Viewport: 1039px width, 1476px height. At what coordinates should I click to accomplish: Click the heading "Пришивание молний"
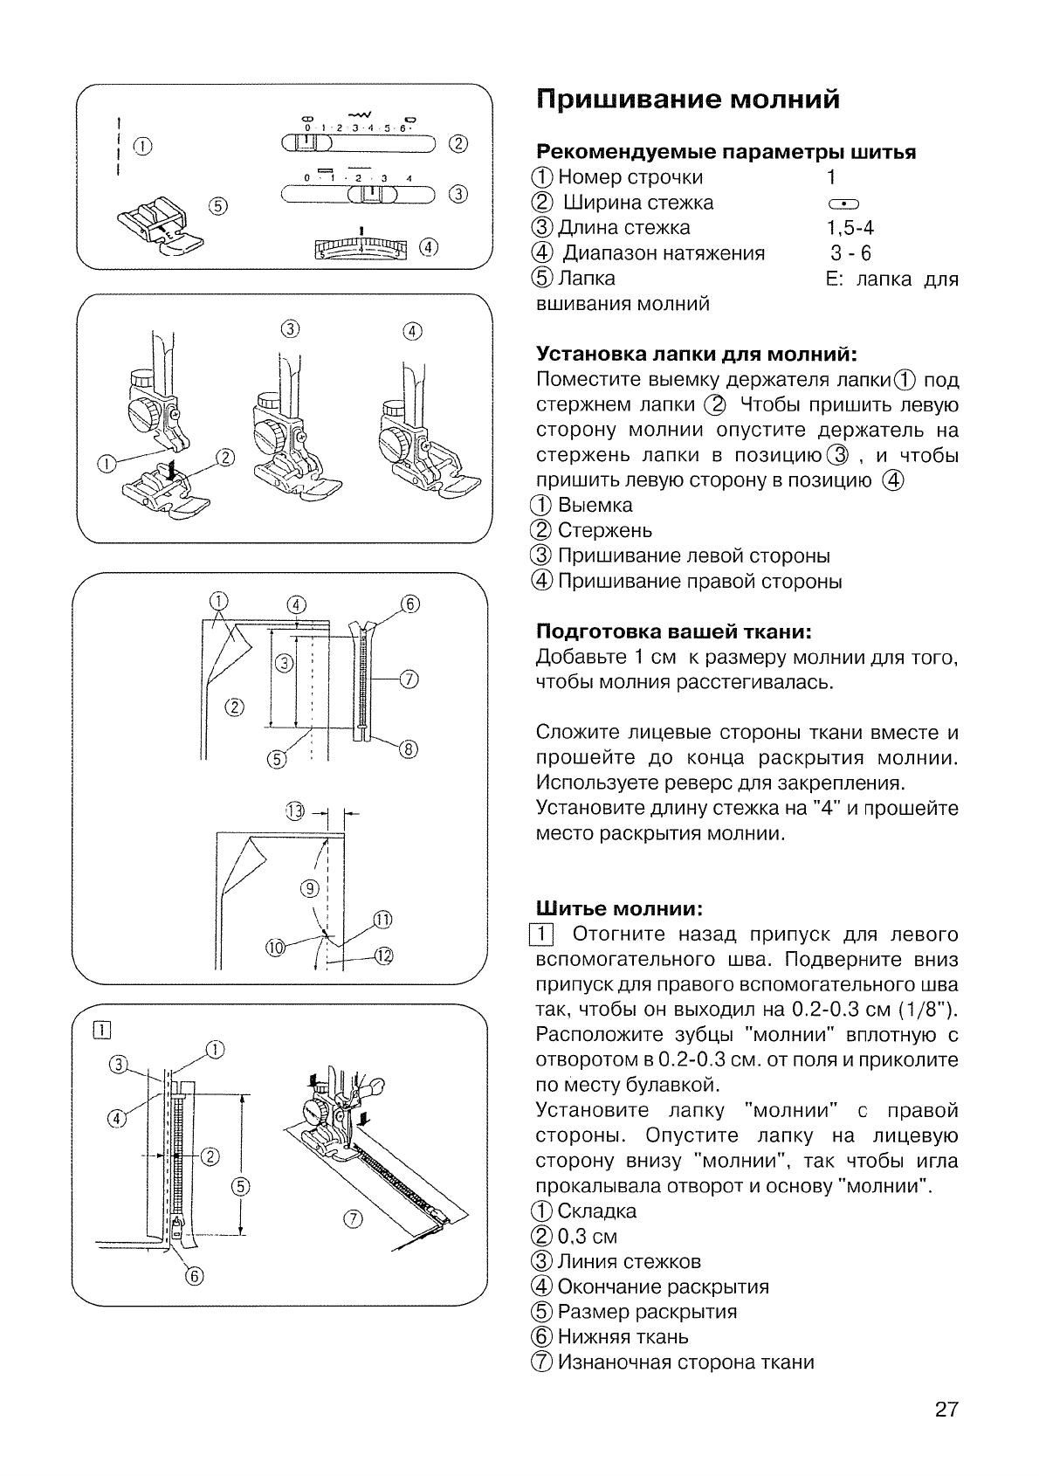(x=687, y=100)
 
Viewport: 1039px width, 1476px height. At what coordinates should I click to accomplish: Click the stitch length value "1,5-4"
(x=850, y=228)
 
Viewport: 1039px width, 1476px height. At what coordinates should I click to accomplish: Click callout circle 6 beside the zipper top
(x=410, y=604)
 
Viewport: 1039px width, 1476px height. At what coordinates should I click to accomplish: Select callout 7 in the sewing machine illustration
(x=354, y=1220)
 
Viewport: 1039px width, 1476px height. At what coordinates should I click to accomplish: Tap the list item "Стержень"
(x=604, y=530)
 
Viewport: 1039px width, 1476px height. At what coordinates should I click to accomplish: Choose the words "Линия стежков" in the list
(x=629, y=1261)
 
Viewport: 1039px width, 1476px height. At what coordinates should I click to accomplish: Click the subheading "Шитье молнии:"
(x=619, y=909)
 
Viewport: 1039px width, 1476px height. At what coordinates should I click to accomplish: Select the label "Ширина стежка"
(x=637, y=203)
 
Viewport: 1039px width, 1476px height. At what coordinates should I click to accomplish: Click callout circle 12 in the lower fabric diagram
(x=383, y=955)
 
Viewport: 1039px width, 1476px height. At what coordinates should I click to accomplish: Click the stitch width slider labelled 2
(x=358, y=144)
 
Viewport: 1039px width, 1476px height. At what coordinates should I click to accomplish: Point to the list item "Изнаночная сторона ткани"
(x=685, y=1362)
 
